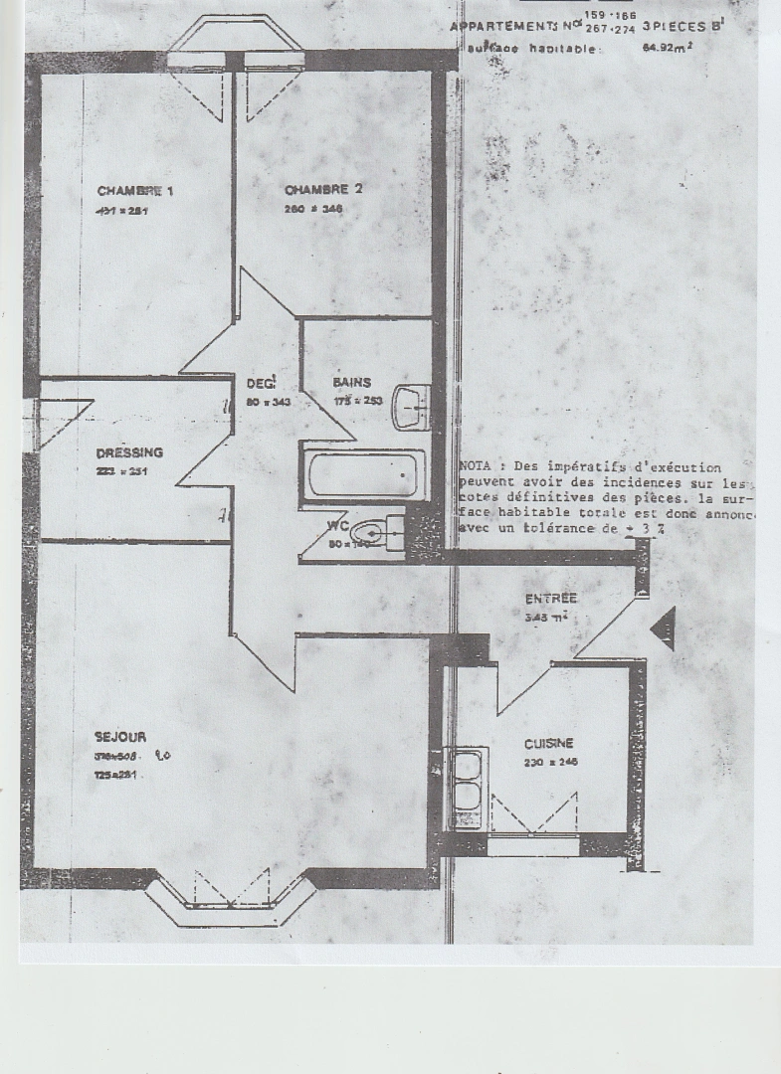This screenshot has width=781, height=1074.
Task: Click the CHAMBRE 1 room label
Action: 135,190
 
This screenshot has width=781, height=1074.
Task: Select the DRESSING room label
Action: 129,452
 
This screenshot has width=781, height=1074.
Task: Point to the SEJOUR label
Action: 120,737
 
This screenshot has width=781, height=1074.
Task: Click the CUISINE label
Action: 549,743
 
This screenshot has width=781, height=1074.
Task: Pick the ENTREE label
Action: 551,599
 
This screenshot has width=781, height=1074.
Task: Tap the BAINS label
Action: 352,382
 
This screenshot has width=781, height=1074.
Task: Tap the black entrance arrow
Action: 663,629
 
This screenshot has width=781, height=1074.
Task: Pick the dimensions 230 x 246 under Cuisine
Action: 550,763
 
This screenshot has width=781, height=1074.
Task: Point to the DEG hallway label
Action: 260,383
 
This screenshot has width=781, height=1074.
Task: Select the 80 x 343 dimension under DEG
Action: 266,402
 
